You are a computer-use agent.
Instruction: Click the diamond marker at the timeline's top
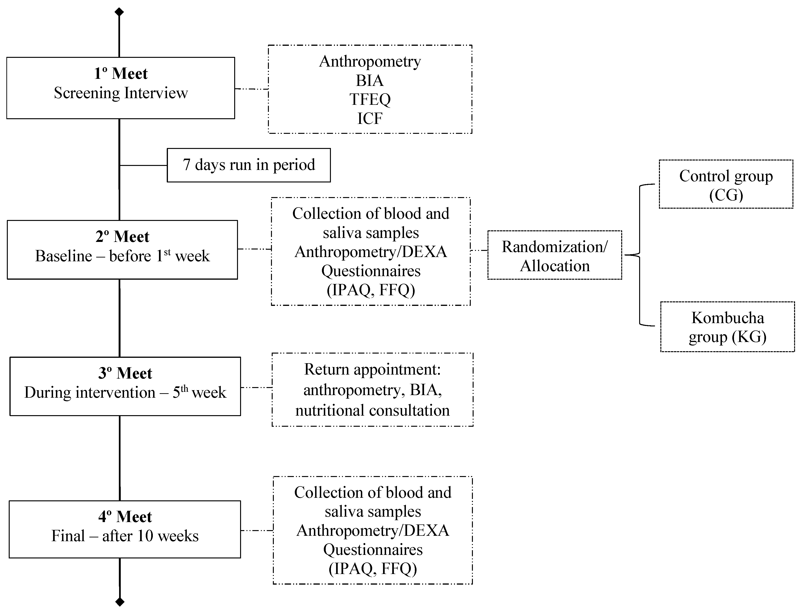pos(119,12)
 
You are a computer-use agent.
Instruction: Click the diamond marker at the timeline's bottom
pos(120,601)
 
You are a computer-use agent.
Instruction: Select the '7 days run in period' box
pos(249,165)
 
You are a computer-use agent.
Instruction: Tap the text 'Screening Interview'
pos(121,93)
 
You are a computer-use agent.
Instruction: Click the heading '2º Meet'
pos(122,237)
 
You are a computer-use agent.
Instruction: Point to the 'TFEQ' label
pos(370,99)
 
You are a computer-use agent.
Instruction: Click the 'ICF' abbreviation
pos(370,118)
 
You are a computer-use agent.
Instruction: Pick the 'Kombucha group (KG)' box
pos(727,327)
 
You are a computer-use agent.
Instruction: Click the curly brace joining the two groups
pos(639,255)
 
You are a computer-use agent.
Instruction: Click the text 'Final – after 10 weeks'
pos(125,536)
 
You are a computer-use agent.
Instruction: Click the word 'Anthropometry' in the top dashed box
pos(370,61)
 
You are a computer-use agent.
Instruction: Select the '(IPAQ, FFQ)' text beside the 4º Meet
pos(373,569)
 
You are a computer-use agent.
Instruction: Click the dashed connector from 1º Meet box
pos(251,89)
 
